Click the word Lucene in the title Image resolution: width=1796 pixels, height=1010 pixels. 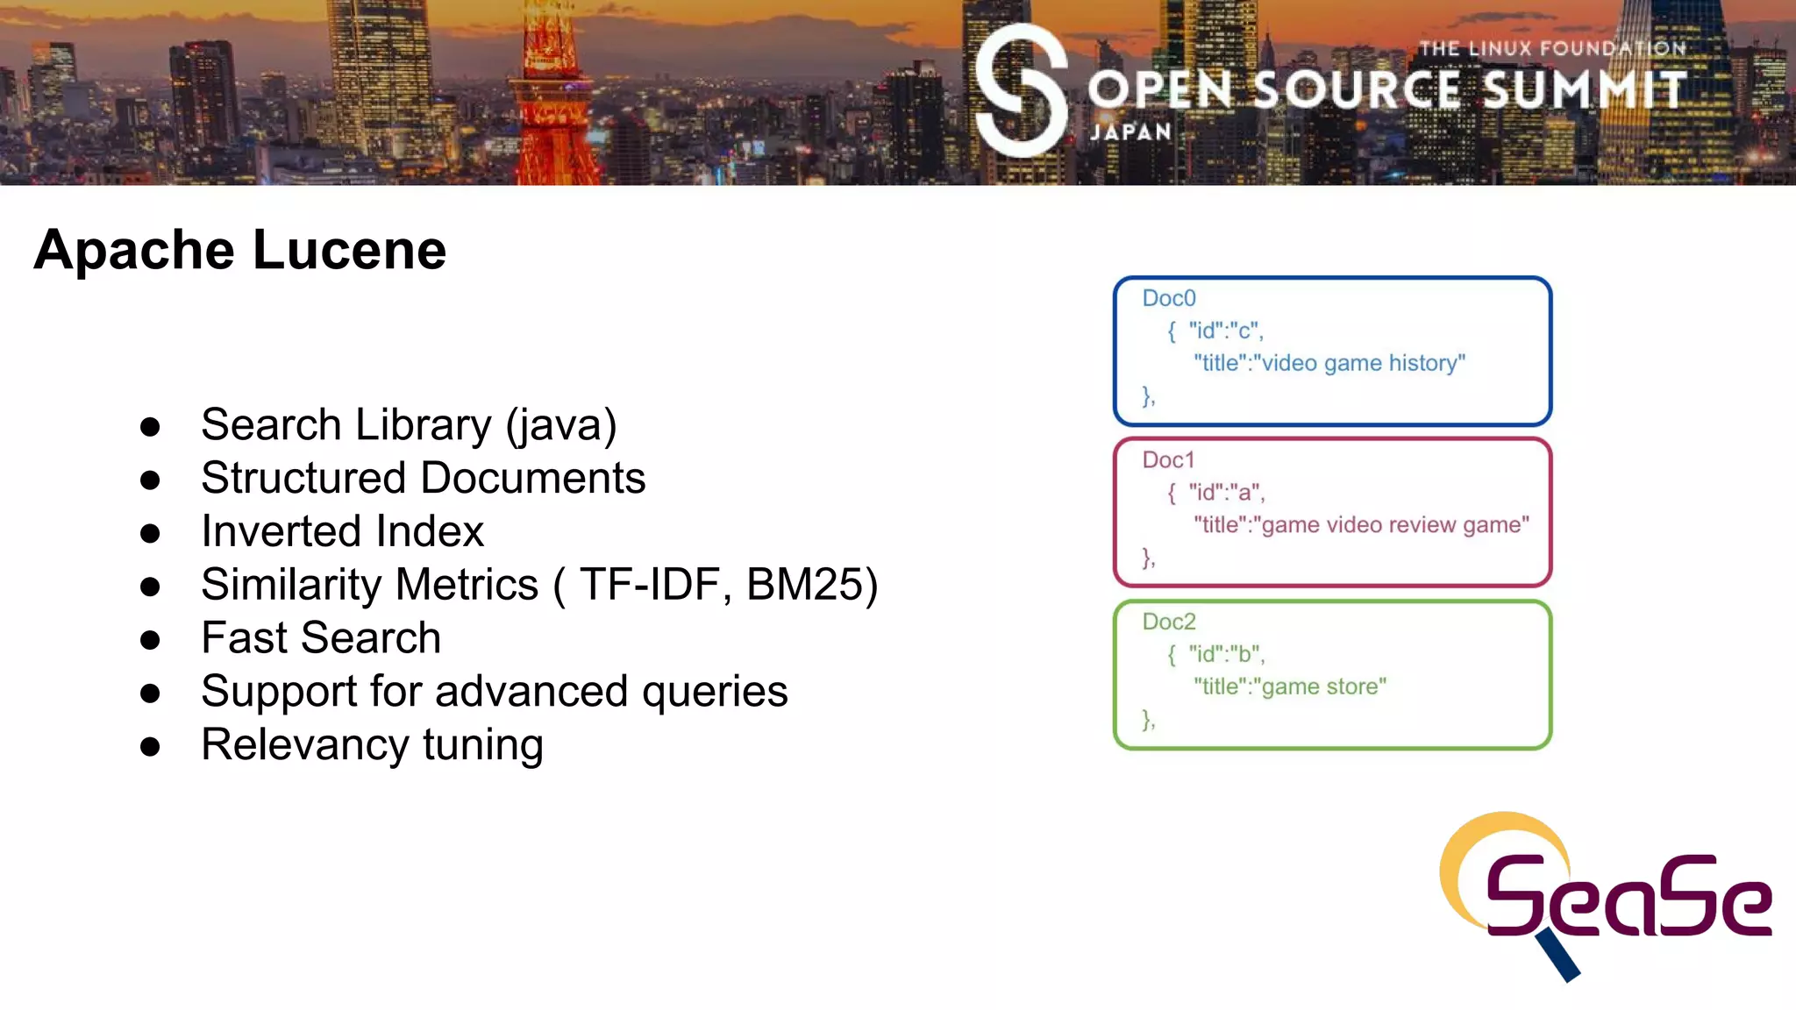349,251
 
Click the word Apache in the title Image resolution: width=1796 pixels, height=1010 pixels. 133,251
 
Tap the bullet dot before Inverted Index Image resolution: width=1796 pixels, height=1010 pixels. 150,533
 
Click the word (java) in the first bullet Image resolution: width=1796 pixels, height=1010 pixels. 561,426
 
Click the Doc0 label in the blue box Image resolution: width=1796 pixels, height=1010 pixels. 1168,299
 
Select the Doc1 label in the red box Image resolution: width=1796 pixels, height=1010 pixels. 1168,460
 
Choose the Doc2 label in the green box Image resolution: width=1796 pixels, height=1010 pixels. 1168,622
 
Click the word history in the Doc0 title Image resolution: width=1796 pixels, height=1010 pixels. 1426,364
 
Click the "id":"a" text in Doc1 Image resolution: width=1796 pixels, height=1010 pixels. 1226,493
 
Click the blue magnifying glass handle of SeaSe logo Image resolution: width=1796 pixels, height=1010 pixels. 1558,956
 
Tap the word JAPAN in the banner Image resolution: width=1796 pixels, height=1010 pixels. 1130,132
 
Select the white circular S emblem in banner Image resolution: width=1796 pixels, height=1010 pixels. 1021,91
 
